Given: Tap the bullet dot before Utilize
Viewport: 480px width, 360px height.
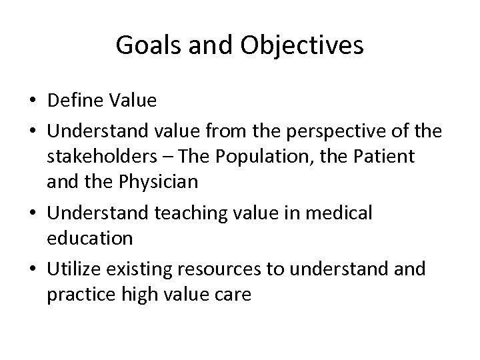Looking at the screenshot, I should pyautogui.click(x=32, y=269).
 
